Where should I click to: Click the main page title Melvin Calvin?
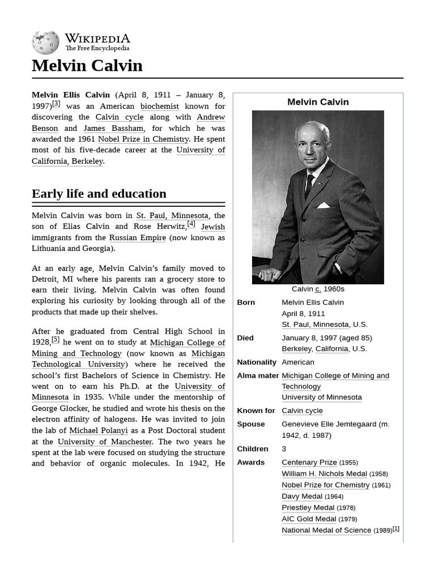[87, 66]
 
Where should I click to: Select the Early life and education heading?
[99, 194]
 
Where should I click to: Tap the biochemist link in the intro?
[159, 106]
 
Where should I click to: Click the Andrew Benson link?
[210, 117]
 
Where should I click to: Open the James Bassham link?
[113, 128]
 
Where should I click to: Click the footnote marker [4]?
[191, 224]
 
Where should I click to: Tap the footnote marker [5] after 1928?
[55, 340]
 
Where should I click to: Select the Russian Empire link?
[137, 237]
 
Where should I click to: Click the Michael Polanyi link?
[99, 430]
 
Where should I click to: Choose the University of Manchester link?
[105, 441]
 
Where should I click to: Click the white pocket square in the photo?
[323, 205]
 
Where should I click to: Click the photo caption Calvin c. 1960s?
[318, 289]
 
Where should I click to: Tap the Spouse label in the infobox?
[251, 424]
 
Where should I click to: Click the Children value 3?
[284, 449]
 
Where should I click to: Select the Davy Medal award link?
[302, 496]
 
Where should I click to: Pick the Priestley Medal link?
[308, 507]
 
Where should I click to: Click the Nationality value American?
[298, 362]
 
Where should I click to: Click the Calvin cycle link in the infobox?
[302, 411]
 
